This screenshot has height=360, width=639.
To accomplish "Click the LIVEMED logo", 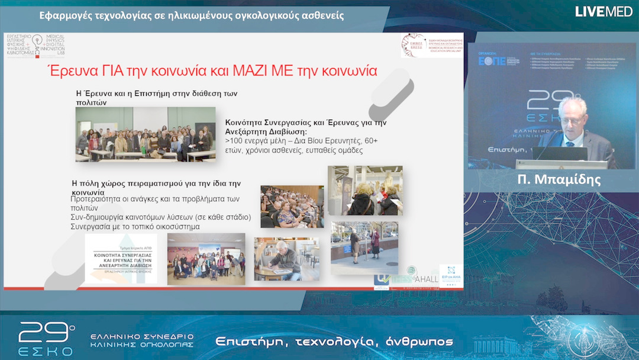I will [x=603, y=11].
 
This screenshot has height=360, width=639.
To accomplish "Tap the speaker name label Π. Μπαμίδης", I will [x=558, y=180].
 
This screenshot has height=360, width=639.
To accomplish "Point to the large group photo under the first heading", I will [x=146, y=134].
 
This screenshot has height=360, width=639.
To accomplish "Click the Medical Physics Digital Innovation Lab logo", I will [x=35, y=45].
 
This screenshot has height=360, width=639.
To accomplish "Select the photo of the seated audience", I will [x=292, y=206].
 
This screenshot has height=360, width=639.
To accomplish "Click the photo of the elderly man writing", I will [x=286, y=259].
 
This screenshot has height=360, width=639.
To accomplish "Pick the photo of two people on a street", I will [x=364, y=247].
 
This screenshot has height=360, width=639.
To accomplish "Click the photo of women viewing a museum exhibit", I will [x=365, y=191].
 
